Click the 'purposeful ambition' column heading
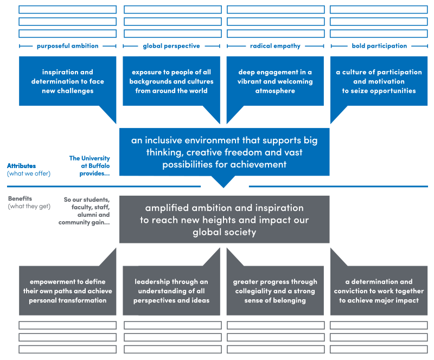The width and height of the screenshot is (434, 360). (68, 46)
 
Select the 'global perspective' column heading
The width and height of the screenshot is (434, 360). (171, 46)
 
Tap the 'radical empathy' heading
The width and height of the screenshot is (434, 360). (275, 46)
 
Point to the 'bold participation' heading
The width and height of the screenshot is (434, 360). (379, 46)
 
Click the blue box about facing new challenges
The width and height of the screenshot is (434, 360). (68, 81)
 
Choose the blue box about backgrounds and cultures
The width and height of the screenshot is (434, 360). (171, 81)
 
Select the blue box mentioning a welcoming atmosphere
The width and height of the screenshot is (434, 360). (275, 81)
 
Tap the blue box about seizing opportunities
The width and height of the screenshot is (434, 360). (379, 81)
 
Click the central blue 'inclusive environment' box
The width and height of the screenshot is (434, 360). (224, 152)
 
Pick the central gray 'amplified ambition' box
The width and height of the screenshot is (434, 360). (224, 220)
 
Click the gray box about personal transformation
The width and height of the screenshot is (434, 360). (68, 291)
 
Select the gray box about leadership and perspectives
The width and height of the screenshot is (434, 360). (171, 291)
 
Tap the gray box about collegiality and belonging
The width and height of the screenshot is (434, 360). (275, 291)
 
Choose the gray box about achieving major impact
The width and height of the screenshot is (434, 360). (379, 291)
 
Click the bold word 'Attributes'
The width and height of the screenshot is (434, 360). (21, 166)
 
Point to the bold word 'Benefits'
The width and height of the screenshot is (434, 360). (20, 198)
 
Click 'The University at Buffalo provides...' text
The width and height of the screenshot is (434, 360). (90, 166)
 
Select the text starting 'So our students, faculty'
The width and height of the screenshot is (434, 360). (86, 211)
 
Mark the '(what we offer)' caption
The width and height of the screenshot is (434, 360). (29, 173)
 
